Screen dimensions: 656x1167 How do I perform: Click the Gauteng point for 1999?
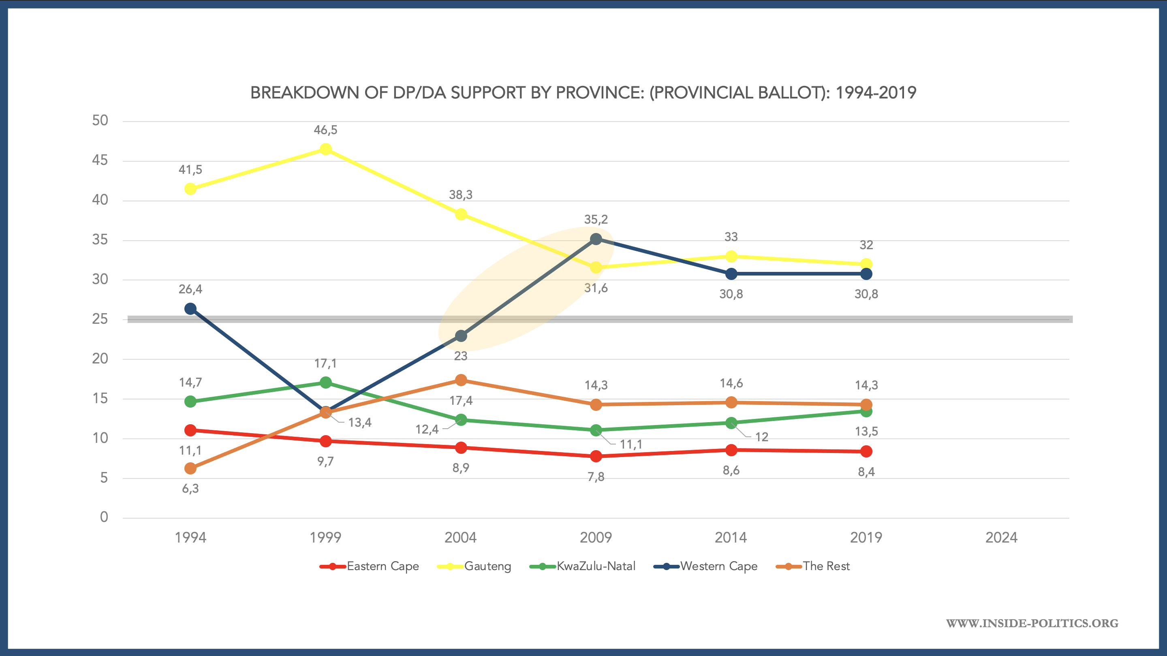[325, 149]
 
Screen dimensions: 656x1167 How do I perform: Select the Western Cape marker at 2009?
[596, 239]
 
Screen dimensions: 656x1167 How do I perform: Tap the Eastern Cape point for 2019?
[866, 451]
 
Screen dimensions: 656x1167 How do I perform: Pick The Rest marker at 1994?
[190, 468]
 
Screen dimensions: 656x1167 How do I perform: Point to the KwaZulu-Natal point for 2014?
[731, 423]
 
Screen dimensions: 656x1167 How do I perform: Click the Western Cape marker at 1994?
[190, 308]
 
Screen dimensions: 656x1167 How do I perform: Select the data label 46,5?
[325, 130]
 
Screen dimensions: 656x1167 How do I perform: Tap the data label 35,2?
[596, 220]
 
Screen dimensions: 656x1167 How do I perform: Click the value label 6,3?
[190, 488]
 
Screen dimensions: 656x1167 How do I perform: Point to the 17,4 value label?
[461, 400]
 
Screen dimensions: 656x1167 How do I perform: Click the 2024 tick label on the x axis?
[1001, 538]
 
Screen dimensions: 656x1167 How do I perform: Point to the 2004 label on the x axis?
[460, 538]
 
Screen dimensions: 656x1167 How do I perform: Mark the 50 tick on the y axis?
[100, 120]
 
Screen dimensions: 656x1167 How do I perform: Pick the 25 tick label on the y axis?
[100, 319]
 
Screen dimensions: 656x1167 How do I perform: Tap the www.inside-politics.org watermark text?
[1032, 623]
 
